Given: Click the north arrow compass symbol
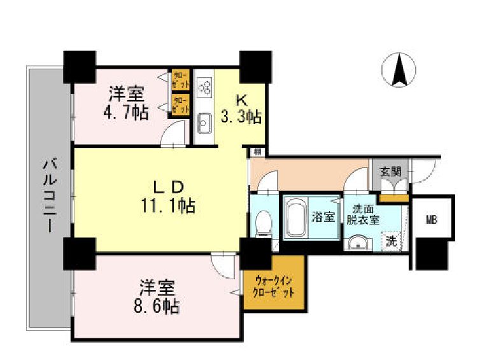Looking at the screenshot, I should [399, 71].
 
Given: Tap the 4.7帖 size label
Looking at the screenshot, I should [127, 114].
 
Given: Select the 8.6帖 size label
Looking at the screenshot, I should [157, 307].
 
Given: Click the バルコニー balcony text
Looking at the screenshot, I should [48, 196].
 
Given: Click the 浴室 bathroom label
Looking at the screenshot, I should [323, 217].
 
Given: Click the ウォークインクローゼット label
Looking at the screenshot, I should [274, 286].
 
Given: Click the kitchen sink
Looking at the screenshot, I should [204, 123].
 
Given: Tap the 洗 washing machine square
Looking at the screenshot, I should [392, 241].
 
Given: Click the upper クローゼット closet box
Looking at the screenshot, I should [180, 80].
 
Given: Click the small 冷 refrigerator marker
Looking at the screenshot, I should [256, 152].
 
